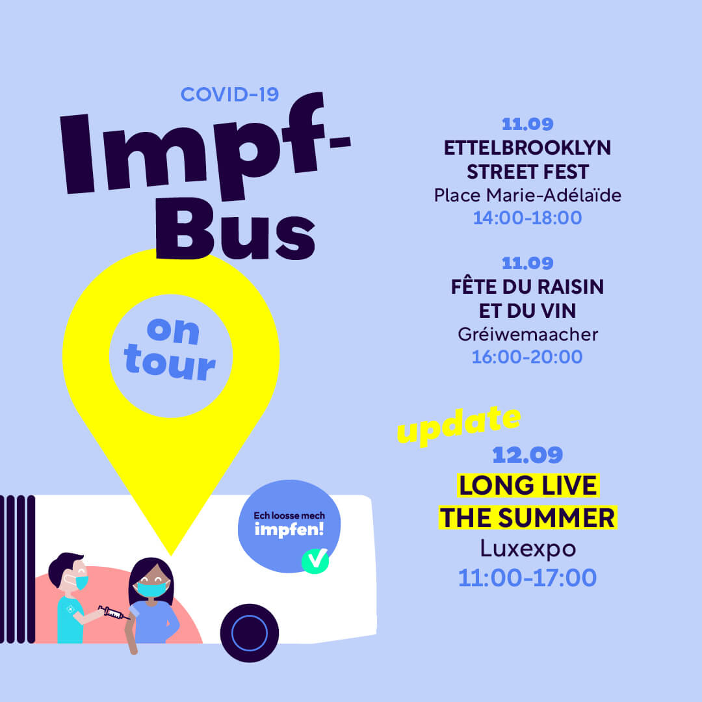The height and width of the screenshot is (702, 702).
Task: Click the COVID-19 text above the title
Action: [229, 94]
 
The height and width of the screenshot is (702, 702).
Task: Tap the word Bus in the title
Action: [235, 229]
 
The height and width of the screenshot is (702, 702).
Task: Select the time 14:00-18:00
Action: [527, 218]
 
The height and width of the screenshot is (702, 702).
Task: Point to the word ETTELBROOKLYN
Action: [527, 148]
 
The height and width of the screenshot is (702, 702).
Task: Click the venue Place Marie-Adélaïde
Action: [527, 196]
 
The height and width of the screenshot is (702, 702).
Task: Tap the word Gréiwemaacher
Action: [527, 335]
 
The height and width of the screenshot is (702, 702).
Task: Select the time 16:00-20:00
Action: [527, 357]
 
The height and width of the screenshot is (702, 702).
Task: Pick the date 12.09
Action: [527, 455]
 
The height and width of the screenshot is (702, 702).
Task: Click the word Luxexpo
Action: [528, 549]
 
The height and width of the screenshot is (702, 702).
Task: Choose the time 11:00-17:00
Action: [527, 578]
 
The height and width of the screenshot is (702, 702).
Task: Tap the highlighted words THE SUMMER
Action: [528, 518]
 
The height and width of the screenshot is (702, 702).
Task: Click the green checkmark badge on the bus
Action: [315, 560]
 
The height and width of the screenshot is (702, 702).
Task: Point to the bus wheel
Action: [250, 633]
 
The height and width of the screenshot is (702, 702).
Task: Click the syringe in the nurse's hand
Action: [114, 612]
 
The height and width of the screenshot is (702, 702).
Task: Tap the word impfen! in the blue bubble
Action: [289, 530]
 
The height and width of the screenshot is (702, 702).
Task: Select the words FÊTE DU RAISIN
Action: [527, 286]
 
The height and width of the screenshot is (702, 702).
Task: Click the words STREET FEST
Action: [527, 172]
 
